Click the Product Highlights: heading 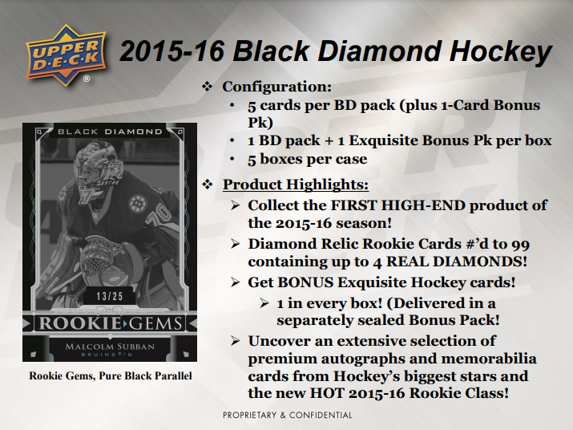pos(296,185)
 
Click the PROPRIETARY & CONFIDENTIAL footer pos(287,416)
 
